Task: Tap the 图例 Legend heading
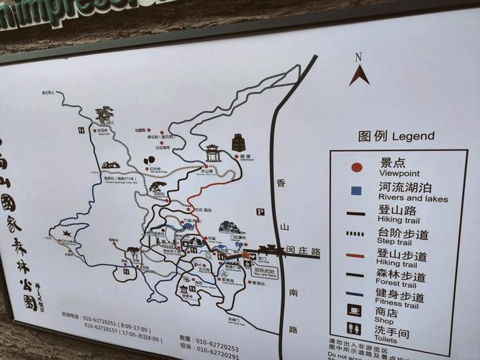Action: pos(396,136)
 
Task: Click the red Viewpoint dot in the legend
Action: pos(356,167)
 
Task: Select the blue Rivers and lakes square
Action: pos(356,190)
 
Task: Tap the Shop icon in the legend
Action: pos(355,311)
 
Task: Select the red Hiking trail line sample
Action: pos(356,254)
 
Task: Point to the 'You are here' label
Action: pos(265,273)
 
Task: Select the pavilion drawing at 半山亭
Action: pos(212,153)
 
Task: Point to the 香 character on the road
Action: pos(281,184)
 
